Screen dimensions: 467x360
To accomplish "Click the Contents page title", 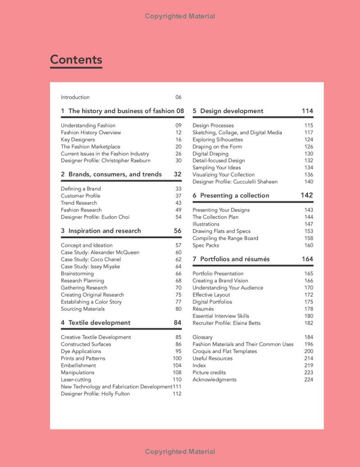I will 76,59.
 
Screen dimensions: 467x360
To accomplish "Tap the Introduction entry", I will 75,97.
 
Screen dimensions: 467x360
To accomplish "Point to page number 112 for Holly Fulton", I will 177,394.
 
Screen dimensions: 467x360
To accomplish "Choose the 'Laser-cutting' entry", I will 76,380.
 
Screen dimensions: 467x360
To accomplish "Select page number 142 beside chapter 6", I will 307,195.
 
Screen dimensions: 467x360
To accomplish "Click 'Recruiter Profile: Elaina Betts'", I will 226,323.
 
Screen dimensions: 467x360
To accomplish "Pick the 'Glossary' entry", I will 202,337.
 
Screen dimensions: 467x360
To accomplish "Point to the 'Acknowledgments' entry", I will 214,380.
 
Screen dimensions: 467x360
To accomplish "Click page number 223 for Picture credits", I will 308,372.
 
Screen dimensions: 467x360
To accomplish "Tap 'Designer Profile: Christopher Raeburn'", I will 106,161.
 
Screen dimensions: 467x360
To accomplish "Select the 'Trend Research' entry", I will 79,203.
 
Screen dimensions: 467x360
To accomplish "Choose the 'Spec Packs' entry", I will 206,245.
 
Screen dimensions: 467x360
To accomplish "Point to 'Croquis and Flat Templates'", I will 225,351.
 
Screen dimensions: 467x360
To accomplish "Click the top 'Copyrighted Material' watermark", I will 180,16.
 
